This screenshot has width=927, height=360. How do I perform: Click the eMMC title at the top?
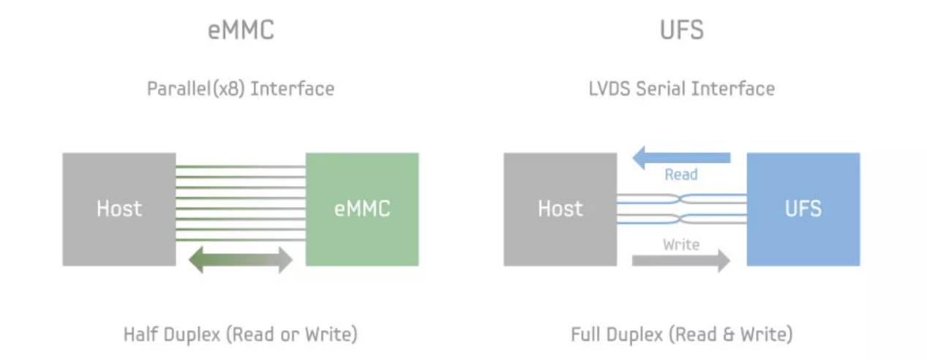(x=241, y=30)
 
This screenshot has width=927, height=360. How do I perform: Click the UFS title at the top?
(x=682, y=30)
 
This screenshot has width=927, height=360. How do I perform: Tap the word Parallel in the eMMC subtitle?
(x=179, y=89)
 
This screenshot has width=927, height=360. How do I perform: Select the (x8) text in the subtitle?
(x=229, y=89)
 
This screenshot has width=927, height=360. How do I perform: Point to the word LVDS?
(x=609, y=89)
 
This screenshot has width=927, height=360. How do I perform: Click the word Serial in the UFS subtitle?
(x=661, y=89)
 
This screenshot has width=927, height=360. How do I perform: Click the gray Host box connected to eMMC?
(x=119, y=209)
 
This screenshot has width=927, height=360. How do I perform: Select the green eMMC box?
(x=362, y=209)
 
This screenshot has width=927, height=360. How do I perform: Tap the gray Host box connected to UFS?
(x=560, y=209)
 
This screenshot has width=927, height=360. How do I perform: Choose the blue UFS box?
(x=803, y=209)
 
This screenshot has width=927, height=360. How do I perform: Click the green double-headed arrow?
(x=241, y=260)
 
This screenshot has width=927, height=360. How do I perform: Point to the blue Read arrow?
(x=682, y=157)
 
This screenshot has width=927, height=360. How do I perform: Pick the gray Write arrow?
(x=681, y=260)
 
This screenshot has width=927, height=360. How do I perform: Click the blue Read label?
(x=681, y=175)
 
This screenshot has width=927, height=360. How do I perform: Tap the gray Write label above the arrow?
(x=681, y=245)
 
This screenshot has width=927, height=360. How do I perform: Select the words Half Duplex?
(x=172, y=334)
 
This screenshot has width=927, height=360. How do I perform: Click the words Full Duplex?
(x=617, y=334)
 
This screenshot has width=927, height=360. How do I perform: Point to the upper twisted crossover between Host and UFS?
(x=680, y=199)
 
